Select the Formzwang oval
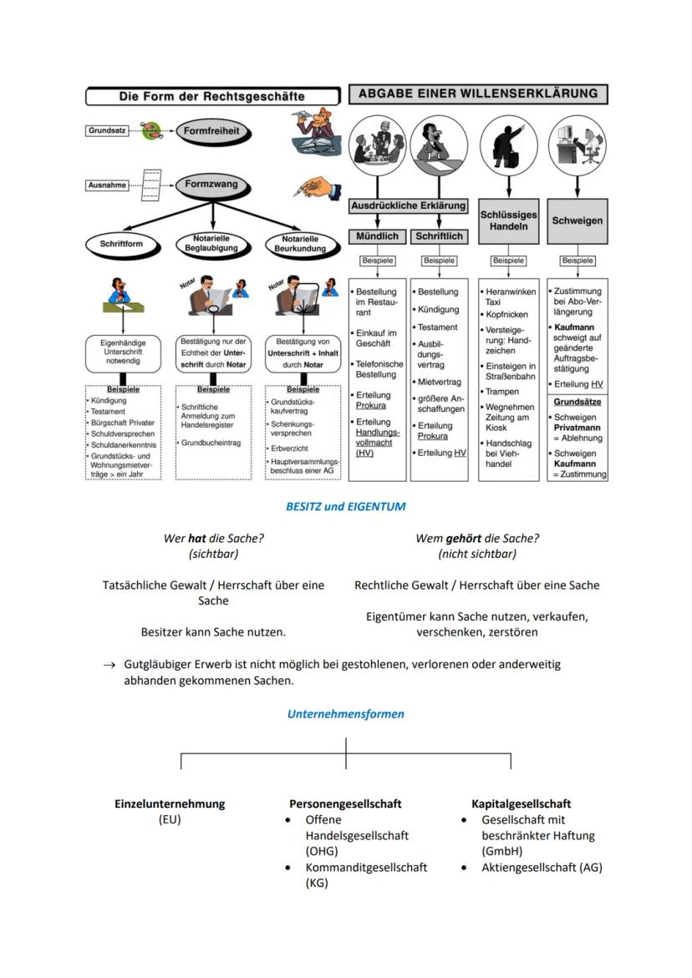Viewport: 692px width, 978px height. pyautogui.click(x=211, y=185)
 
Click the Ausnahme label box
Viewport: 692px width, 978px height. pyautogui.click(x=108, y=185)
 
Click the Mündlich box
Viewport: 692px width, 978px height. pyautogui.click(x=377, y=236)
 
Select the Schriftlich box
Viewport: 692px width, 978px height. pyautogui.click(x=439, y=236)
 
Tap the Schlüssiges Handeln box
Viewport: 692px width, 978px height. pyautogui.click(x=508, y=220)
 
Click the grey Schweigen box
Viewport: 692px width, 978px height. pyautogui.click(x=577, y=220)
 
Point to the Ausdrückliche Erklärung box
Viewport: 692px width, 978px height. pyautogui.click(x=408, y=205)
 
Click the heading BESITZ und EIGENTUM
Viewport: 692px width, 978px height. pyautogui.click(x=346, y=506)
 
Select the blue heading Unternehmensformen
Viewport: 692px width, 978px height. pyautogui.click(x=346, y=714)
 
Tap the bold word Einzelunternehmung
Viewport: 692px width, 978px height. pyautogui.click(x=170, y=803)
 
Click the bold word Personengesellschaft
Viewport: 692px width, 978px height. pyautogui.click(x=345, y=803)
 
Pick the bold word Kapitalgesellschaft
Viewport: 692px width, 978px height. pyautogui.click(x=522, y=803)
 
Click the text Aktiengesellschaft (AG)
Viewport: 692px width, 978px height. pyautogui.click(x=542, y=867)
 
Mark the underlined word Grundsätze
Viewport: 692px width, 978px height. pyautogui.click(x=578, y=402)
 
